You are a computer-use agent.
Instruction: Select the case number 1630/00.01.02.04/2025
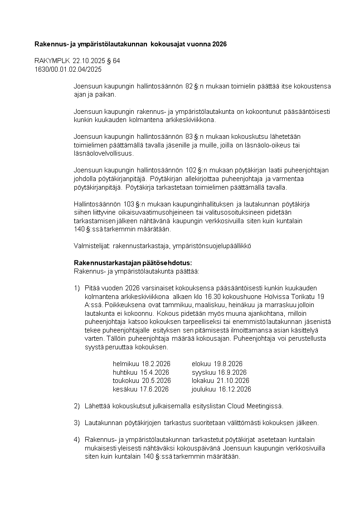(68, 69)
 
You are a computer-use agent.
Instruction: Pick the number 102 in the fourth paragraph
(191, 170)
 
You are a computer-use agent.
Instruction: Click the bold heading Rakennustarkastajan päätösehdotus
(133, 263)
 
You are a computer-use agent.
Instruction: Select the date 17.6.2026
(155, 389)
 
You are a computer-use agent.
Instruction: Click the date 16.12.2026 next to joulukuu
(235, 389)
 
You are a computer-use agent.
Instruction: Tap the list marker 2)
(77, 406)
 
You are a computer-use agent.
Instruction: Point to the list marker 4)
(77, 440)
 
